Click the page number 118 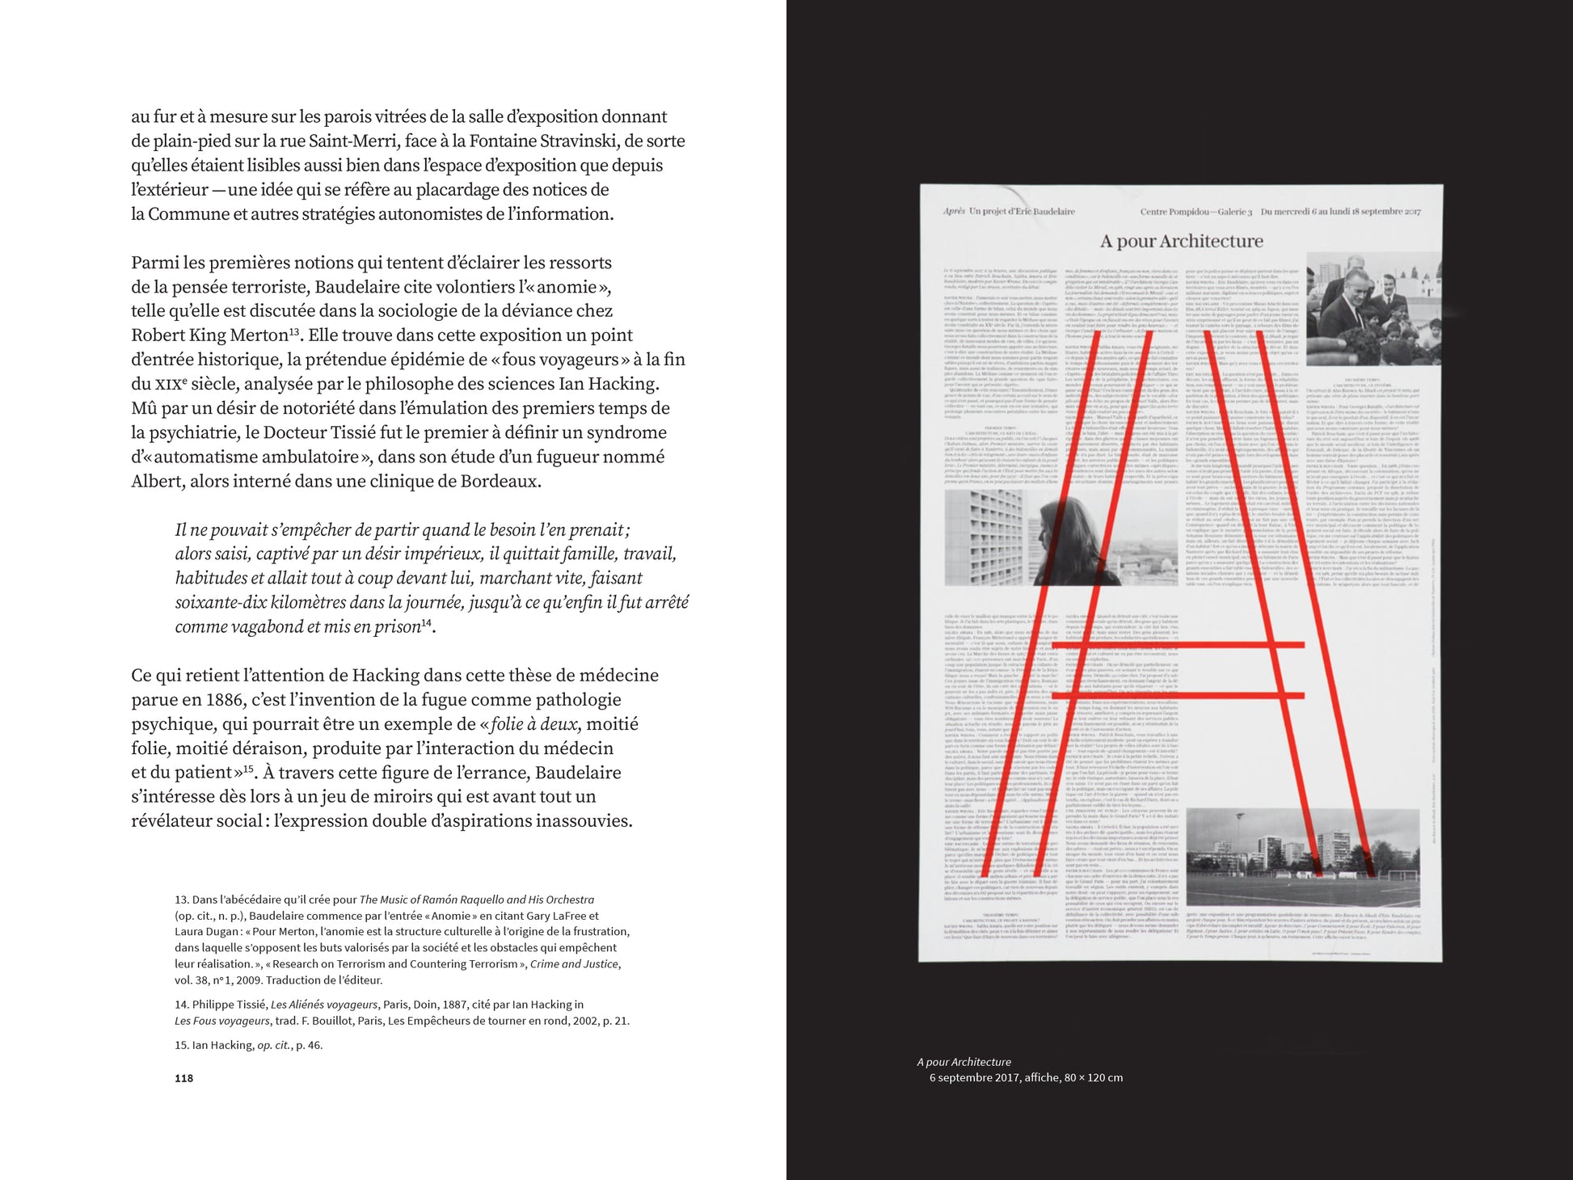tap(183, 1078)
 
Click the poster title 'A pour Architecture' tap(1181, 241)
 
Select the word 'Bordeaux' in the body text tap(498, 482)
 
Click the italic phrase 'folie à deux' tap(534, 724)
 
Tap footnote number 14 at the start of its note tap(181, 1005)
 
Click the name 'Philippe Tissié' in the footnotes tap(229, 1005)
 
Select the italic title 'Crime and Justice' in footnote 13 tap(574, 964)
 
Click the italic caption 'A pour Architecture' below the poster tap(964, 1062)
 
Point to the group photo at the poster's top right tap(1372, 309)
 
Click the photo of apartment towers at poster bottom tap(1301, 857)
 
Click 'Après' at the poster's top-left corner tap(954, 212)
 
